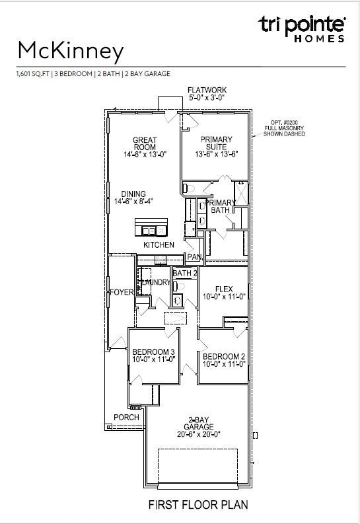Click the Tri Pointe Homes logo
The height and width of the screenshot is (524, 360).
302,28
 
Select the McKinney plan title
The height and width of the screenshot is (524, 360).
71,52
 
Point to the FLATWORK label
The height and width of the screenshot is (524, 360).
207,90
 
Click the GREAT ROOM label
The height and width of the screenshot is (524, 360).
145,143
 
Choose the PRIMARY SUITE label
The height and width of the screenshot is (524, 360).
216,143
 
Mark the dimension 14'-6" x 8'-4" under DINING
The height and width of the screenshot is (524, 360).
133,201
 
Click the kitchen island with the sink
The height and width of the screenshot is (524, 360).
151,227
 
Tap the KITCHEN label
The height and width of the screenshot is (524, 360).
159,245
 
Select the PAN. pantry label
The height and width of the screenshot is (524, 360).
194,256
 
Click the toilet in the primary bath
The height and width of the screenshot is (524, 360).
189,188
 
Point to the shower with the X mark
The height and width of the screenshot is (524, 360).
241,193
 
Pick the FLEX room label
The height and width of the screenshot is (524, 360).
224,289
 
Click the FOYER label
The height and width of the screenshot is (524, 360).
122,293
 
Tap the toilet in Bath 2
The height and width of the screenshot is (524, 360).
179,286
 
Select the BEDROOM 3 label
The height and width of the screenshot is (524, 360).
153,352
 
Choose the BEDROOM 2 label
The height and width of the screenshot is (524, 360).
224,357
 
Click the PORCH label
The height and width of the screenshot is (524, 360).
126,418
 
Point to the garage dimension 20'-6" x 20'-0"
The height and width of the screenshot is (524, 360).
199,434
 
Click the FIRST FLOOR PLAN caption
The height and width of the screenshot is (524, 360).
198,504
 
